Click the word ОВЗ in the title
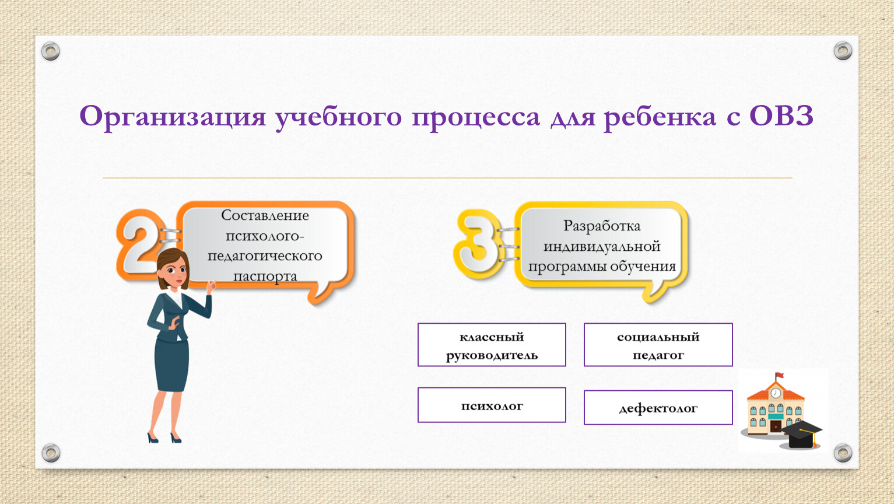click(x=781, y=116)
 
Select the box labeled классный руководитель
click(x=492, y=345)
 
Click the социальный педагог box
click(x=658, y=345)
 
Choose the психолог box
click(x=492, y=405)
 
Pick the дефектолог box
click(x=658, y=408)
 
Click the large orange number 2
click(x=140, y=244)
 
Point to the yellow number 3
click(x=477, y=244)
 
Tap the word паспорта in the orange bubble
click(x=265, y=276)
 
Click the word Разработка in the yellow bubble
click(x=602, y=226)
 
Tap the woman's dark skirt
click(x=171, y=364)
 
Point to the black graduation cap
click(x=801, y=434)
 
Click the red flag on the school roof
click(x=780, y=376)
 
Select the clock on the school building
click(x=776, y=393)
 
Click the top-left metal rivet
click(x=51, y=51)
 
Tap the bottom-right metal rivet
click(x=843, y=453)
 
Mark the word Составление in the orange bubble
click(x=265, y=215)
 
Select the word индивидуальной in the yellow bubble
click(x=602, y=247)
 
